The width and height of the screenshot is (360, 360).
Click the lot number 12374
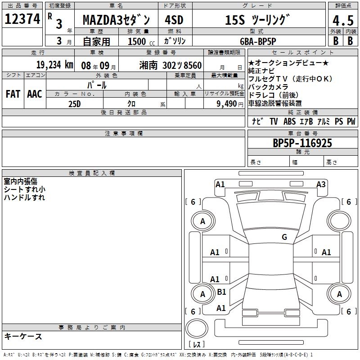click(x=22, y=19)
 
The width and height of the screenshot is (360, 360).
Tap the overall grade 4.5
click(x=343, y=20)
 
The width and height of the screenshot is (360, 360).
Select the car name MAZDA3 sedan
click(x=116, y=20)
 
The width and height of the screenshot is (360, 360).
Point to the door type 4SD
click(x=174, y=20)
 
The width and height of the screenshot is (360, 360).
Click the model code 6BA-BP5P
click(x=258, y=41)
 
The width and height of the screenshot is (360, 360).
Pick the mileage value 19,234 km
click(x=55, y=65)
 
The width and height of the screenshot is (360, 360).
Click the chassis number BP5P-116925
click(x=302, y=143)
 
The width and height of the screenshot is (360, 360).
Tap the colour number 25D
click(x=74, y=104)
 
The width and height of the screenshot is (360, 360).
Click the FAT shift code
click(x=13, y=94)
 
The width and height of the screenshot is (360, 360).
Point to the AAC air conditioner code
click(x=35, y=94)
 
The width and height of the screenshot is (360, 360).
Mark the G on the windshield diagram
click(x=284, y=237)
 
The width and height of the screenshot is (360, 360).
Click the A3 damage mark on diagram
click(x=321, y=184)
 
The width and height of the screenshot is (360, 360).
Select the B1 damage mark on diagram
click(x=221, y=292)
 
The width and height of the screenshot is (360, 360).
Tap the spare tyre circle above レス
click(x=197, y=328)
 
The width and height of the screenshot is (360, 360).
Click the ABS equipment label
click(x=289, y=121)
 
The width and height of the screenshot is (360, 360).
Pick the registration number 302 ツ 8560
click(x=182, y=65)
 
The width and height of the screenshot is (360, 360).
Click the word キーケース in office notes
click(x=23, y=336)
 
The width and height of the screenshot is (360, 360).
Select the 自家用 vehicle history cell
click(x=96, y=41)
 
